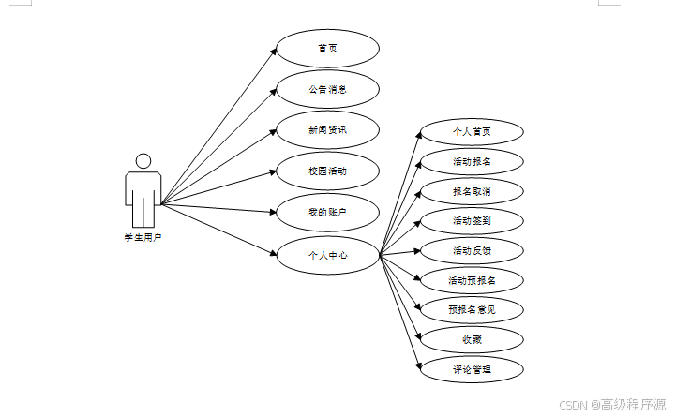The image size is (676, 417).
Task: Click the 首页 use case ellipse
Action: point(327,49)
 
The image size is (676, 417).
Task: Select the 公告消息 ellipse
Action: point(327,90)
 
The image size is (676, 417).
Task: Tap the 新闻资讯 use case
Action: point(327,130)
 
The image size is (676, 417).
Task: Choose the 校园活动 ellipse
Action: point(327,171)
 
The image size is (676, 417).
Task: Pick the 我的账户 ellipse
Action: point(327,213)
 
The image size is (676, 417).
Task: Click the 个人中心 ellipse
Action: point(327,254)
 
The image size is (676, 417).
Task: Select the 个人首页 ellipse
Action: point(472,132)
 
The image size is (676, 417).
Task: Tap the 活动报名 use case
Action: point(472,162)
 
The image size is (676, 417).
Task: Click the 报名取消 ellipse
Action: point(472,192)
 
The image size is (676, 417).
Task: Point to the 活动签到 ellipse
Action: point(472,221)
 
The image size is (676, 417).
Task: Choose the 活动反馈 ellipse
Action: point(472,251)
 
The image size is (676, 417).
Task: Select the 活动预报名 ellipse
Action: point(472,280)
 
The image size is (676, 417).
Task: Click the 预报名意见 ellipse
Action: point(472,310)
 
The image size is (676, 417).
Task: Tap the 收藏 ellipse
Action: point(472,339)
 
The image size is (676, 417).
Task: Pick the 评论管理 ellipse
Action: point(472,369)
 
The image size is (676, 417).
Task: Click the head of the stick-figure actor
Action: point(143,161)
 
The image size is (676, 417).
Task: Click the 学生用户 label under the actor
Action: point(143,238)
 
